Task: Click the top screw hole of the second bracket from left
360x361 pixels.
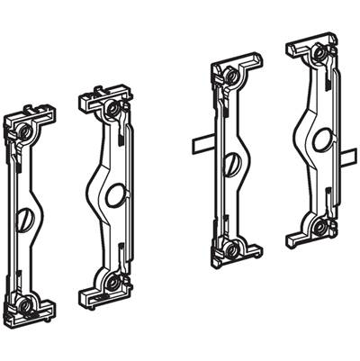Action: [111, 109]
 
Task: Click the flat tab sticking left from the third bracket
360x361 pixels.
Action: [199, 142]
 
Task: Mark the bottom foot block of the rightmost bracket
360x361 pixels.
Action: [306, 239]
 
